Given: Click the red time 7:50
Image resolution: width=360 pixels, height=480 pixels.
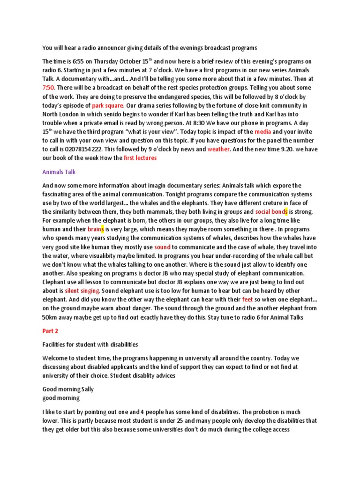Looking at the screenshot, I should click(49, 88).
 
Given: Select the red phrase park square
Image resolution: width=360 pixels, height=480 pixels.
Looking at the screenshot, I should click(108, 105).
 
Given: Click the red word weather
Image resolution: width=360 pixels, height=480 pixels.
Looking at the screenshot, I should click(218, 149).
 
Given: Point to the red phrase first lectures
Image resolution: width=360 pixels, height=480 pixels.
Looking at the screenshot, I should click(140, 158).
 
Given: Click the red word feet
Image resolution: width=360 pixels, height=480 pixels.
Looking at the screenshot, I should click(247, 300).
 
